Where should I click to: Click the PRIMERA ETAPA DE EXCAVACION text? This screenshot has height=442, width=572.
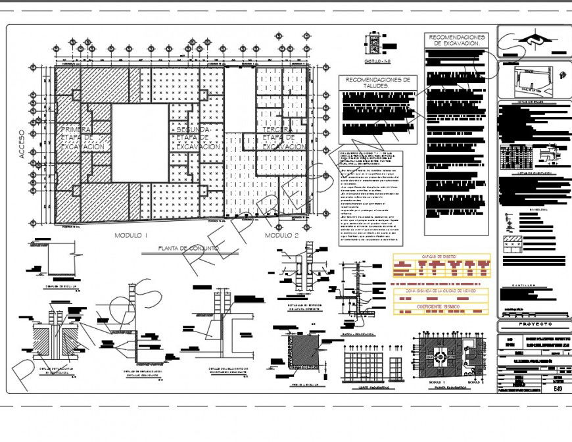click(x=82, y=139)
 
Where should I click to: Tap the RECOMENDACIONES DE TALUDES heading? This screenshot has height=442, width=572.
click(x=377, y=82)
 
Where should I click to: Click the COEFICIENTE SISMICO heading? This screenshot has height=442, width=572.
click(x=441, y=307)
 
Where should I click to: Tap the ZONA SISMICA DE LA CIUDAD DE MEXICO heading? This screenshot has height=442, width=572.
click(x=441, y=291)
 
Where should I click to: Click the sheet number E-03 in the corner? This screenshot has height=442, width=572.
click(x=558, y=388)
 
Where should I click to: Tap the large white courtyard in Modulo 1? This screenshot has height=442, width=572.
click(x=139, y=143)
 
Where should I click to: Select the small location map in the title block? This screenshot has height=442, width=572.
click(x=526, y=80)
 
